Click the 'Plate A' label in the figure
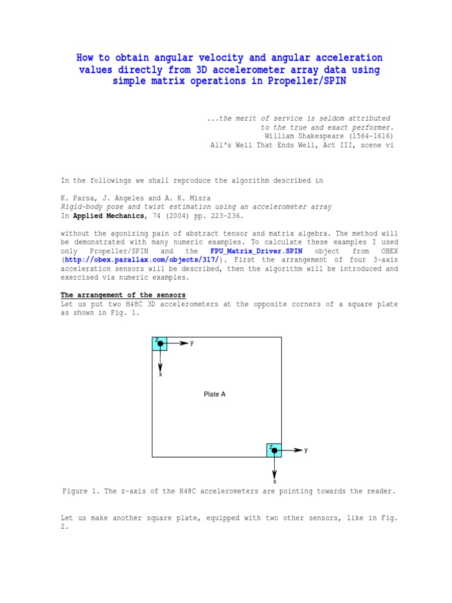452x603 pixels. (215, 395)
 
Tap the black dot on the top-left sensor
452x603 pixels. (159, 343)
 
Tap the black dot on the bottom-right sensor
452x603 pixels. (274, 450)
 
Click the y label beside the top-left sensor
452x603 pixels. (192, 343)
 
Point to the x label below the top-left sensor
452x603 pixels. (160, 375)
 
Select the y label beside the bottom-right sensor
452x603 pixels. (306, 450)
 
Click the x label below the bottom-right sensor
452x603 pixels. (274, 481)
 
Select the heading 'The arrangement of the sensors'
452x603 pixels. (123, 295)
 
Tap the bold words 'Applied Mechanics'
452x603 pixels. (111, 216)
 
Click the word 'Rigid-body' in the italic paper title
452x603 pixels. (83, 207)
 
